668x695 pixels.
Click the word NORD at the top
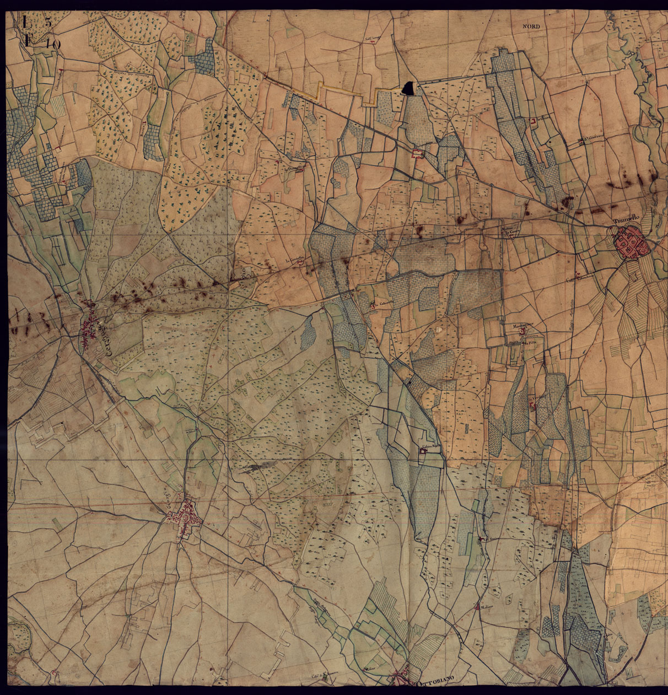click(532, 26)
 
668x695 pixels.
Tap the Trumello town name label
click(625, 223)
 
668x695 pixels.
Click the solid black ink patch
click(408, 88)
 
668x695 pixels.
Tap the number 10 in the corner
click(52, 44)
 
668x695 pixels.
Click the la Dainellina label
click(295, 167)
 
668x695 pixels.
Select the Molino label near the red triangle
click(486, 608)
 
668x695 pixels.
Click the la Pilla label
click(530, 342)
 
